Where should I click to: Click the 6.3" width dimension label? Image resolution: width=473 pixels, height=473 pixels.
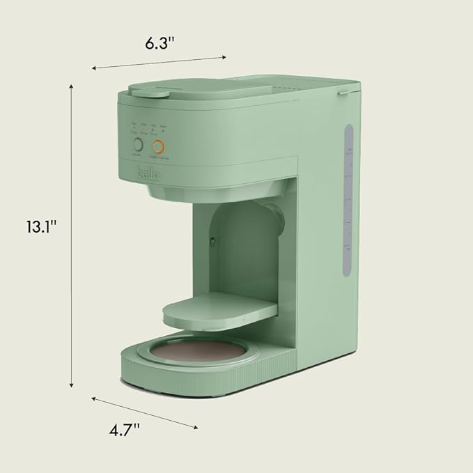pos(160,42)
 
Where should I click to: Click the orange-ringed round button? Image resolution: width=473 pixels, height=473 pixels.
pos(160,147)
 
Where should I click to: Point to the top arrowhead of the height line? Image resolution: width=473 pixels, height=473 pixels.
pos(72,84)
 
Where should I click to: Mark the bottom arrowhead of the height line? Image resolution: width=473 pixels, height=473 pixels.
pos(72,387)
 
